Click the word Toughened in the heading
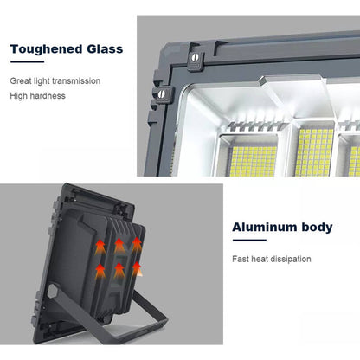[x=47, y=49]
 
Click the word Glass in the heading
[x=105, y=48]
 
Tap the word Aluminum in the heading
[x=265, y=228]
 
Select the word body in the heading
[x=317, y=228]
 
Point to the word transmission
[x=76, y=81]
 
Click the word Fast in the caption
[x=241, y=259]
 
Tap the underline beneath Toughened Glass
[x=27, y=61]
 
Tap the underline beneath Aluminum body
[x=249, y=241]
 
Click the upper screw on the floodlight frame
[x=195, y=57]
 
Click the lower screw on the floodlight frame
[x=162, y=93]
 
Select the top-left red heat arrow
[x=100, y=247]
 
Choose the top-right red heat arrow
[x=137, y=245]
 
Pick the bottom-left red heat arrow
[x=100, y=272]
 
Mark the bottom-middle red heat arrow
[x=119, y=270]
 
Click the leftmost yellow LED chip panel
[x=253, y=161]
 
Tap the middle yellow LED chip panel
[x=315, y=152]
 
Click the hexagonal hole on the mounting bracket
[x=52, y=291]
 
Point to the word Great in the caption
[x=21, y=81]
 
